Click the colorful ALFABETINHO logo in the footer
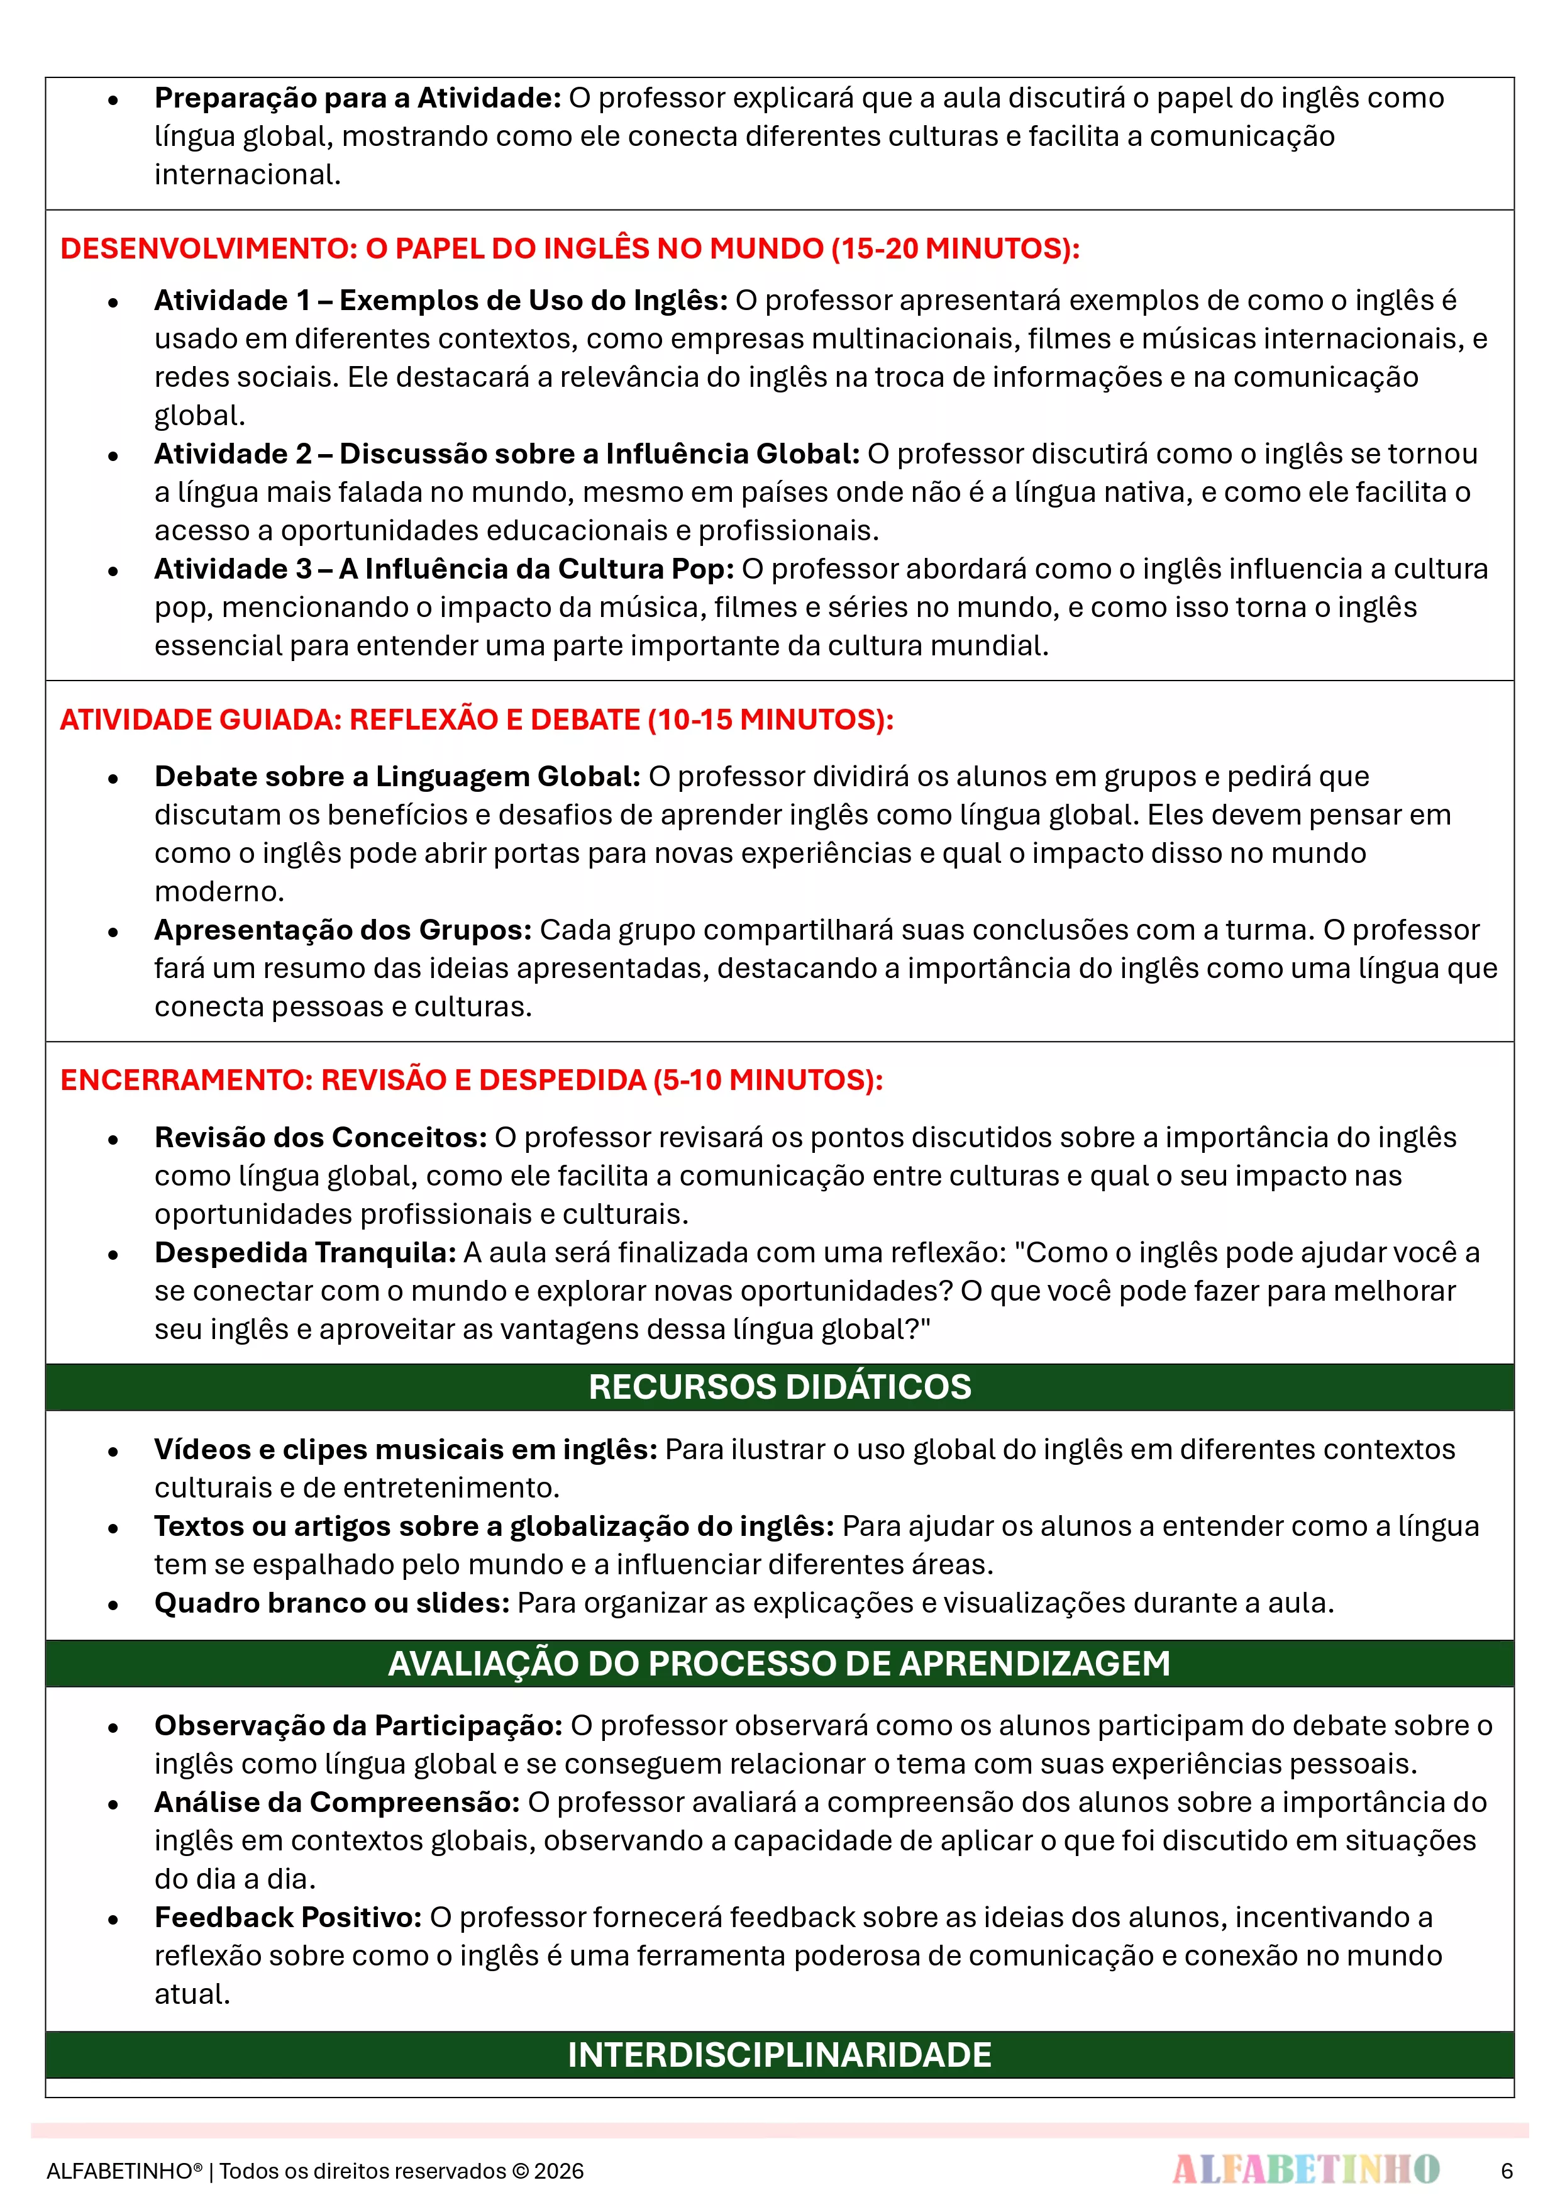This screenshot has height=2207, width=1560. (x=1305, y=2169)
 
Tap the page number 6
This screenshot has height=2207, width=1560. (x=1506, y=2171)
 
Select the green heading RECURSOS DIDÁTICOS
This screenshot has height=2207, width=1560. (x=780, y=1386)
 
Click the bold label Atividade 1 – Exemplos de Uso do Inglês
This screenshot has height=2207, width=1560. (x=440, y=300)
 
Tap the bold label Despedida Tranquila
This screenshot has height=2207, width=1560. (x=305, y=1252)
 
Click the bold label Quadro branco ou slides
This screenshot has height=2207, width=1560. (x=331, y=1603)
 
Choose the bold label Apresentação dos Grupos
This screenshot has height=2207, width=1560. (x=342, y=930)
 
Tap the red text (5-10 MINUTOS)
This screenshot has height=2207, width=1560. (x=768, y=1081)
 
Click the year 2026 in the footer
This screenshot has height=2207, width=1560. (x=560, y=2171)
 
